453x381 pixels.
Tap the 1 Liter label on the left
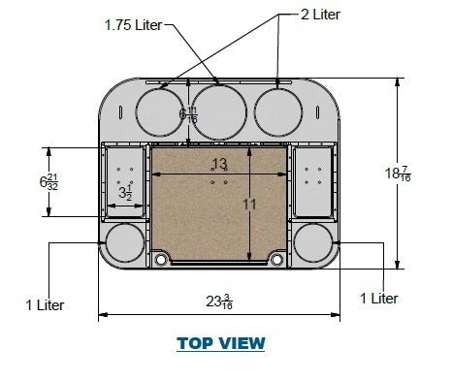45,305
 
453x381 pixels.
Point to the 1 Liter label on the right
378,299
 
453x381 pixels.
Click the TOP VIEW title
220,343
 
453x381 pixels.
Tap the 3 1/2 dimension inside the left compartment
124,193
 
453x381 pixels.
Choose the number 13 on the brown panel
220,164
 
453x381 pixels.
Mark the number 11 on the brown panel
249,205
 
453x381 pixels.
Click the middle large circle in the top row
218,108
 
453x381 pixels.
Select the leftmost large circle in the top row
157,108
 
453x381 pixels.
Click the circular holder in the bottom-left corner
123,242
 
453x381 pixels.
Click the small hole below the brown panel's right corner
278,260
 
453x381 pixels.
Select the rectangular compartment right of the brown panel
312,181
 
